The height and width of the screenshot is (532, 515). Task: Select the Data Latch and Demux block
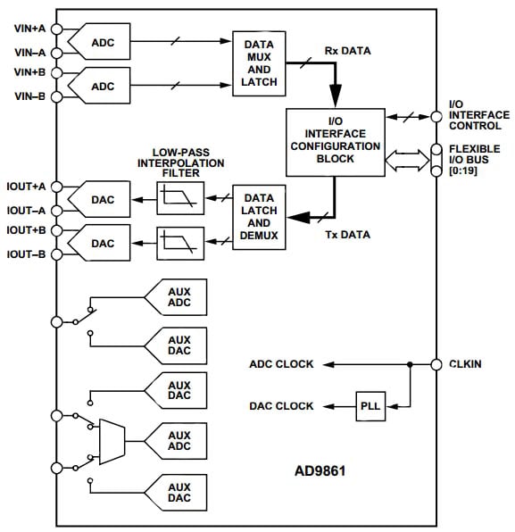tap(258, 217)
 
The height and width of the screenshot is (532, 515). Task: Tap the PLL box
tap(370, 406)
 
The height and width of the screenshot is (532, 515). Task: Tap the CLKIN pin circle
tap(436, 364)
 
